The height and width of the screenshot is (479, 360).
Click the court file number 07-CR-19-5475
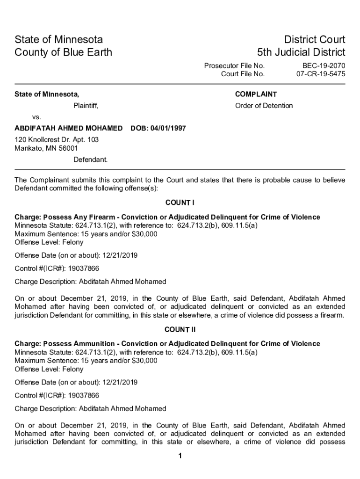click(x=321, y=74)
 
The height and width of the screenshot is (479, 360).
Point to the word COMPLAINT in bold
click(x=256, y=94)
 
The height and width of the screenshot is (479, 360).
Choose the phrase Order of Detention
click(x=264, y=105)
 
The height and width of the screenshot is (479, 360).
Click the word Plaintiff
click(x=86, y=105)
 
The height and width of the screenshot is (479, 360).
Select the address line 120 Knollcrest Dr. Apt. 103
click(x=57, y=140)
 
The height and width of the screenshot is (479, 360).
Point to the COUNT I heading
click(x=180, y=203)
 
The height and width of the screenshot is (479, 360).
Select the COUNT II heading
click(x=180, y=330)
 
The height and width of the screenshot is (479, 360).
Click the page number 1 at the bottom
click(x=180, y=456)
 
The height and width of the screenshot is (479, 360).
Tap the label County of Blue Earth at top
click(x=64, y=52)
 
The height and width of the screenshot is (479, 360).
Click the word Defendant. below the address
click(x=91, y=160)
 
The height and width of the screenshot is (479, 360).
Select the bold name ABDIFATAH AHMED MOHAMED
click(x=69, y=128)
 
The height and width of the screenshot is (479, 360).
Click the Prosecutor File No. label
click(x=234, y=66)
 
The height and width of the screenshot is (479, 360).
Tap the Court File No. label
click(x=243, y=74)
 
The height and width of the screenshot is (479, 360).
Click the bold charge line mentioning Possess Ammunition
click(x=167, y=344)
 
